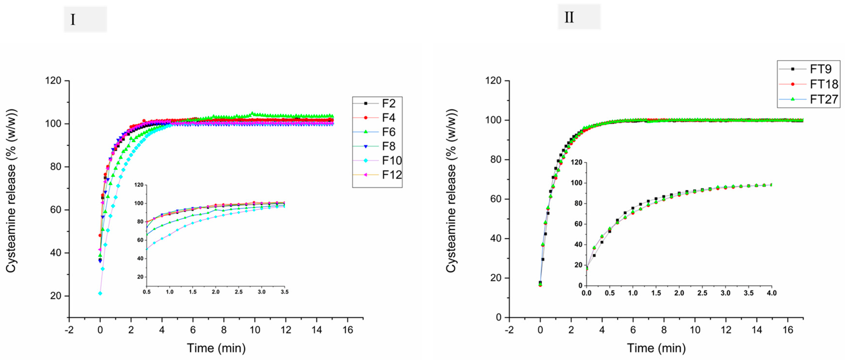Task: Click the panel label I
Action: (x=73, y=20)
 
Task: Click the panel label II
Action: (x=569, y=17)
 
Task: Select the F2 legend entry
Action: (x=389, y=104)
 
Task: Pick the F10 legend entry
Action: (x=392, y=161)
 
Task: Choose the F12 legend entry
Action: (x=392, y=175)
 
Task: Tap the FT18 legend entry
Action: (x=824, y=84)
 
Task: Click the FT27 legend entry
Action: (x=824, y=99)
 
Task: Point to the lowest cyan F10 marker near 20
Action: (x=100, y=293)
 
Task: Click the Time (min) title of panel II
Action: (x=656, y=348)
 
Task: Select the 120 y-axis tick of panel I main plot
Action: (x=53, y=81)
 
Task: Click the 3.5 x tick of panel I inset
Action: (x=285, y=292)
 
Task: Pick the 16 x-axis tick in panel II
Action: (x=788, y=330)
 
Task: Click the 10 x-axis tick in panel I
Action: (x=255, y=330)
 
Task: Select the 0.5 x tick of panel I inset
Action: (x=147, y=292)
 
